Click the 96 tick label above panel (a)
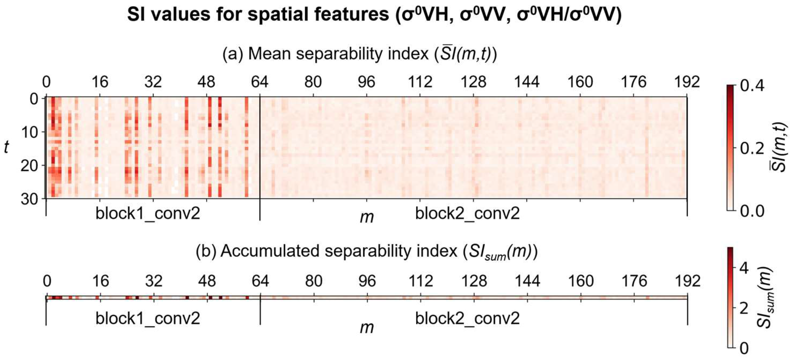point(367,82)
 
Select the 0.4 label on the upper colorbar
point(752,86)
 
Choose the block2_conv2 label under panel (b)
point(467,318)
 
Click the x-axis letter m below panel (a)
point(367,217)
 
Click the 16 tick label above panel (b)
point(101,281)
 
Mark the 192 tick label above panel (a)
point(687,82)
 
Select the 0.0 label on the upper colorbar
point(752,211)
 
